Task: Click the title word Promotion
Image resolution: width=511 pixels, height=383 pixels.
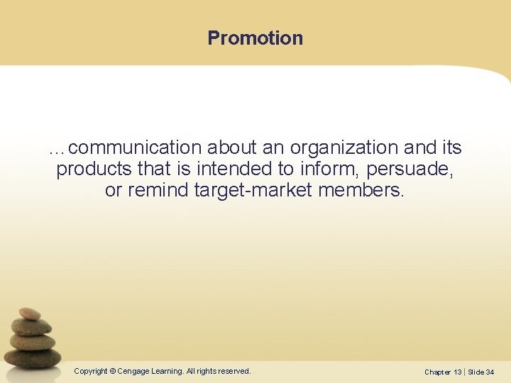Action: tap(255, 38)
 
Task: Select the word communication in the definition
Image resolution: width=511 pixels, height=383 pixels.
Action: tap(136, 148)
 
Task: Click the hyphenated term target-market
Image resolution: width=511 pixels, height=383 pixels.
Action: tap(253, 191)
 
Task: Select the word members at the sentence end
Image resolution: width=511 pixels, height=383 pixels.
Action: tap(361, 191)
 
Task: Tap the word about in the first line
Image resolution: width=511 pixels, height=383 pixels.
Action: tap(230, 148)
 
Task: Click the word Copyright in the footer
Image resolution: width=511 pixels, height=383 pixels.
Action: tap(90, 371)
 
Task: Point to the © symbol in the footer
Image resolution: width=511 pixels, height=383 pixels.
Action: tap(112, 371)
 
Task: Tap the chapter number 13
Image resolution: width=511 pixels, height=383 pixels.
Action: tap(457, 372)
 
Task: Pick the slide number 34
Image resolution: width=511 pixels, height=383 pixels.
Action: tap(490, 372)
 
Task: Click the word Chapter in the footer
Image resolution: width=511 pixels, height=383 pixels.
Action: tap(437, 372)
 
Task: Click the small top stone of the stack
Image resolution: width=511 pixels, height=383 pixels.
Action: tap(30, 313)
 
